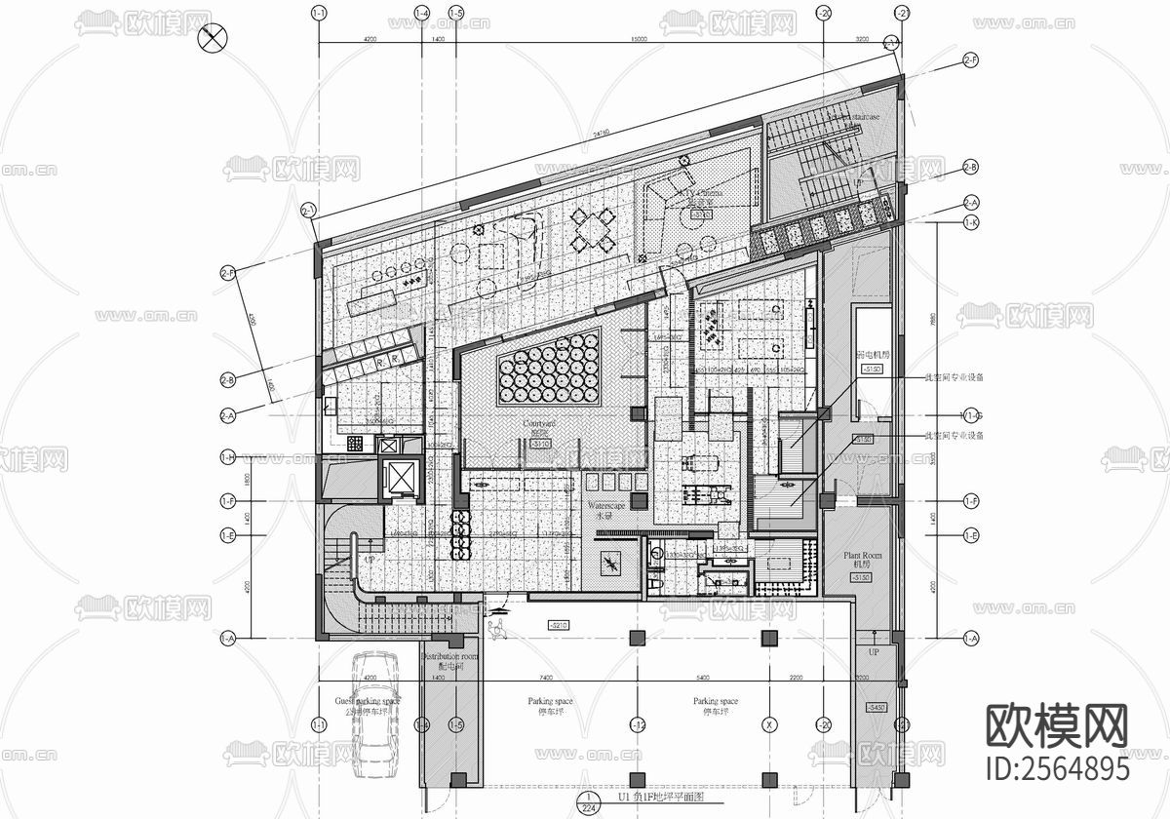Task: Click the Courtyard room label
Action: [x=538, y=424]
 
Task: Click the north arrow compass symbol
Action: [x=213, y=39]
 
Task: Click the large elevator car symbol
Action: [x=401, y=478]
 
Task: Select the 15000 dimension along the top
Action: [x=639, y=37]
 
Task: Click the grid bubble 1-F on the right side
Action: [x=971, y=501]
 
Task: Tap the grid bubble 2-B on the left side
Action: [x=228, y=379]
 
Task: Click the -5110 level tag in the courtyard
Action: [x=539, y=445]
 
